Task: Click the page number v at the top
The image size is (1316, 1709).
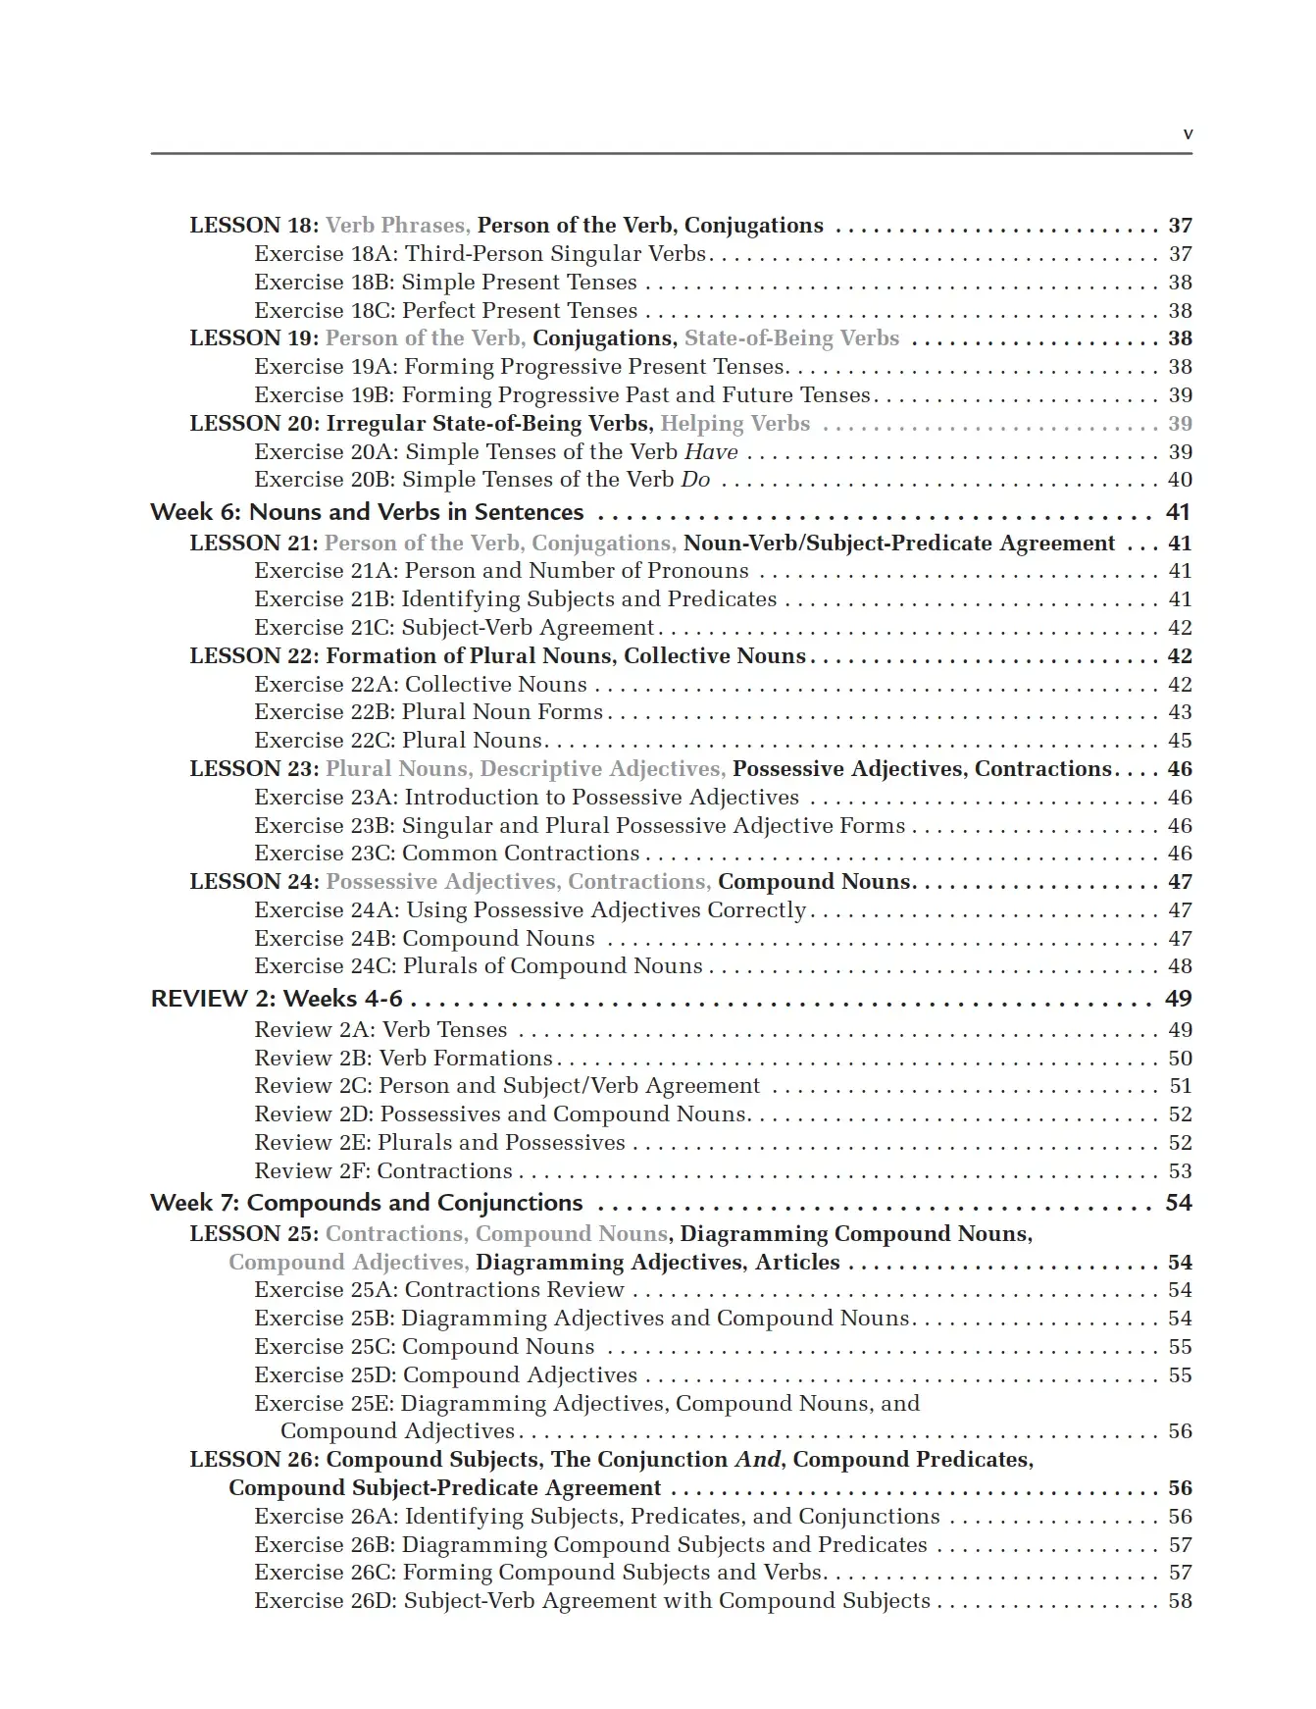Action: (x=1188, y=134)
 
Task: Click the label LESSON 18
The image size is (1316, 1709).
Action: (x=253, y=226)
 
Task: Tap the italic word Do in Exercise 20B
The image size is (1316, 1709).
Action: (x=695, y=480)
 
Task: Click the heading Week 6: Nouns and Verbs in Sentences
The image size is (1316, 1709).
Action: (x=367, y=512)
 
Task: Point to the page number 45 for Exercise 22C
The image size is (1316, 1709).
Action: (x=1180, y=741)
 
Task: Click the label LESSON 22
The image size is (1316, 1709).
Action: (x=253, y=656)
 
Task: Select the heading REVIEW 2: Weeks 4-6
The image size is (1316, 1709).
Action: (x=277, y=999)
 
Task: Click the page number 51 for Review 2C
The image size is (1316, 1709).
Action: (x=1180, y=1086)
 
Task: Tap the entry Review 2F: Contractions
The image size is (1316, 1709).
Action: (x=383, y=1171)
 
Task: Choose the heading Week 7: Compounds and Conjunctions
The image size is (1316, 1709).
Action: (x=366, y=1203)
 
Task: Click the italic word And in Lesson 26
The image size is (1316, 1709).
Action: (x=757, y=1460)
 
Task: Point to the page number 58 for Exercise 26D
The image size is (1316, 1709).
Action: (x=1180, y=1601)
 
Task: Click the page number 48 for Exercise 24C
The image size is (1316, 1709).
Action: (x=1180, y=966)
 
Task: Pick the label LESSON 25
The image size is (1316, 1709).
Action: (x=253, y=1234)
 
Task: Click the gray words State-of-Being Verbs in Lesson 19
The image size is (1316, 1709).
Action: (x=791, y=338)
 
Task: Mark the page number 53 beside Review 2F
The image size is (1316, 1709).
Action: (x=1180, y=1171)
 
